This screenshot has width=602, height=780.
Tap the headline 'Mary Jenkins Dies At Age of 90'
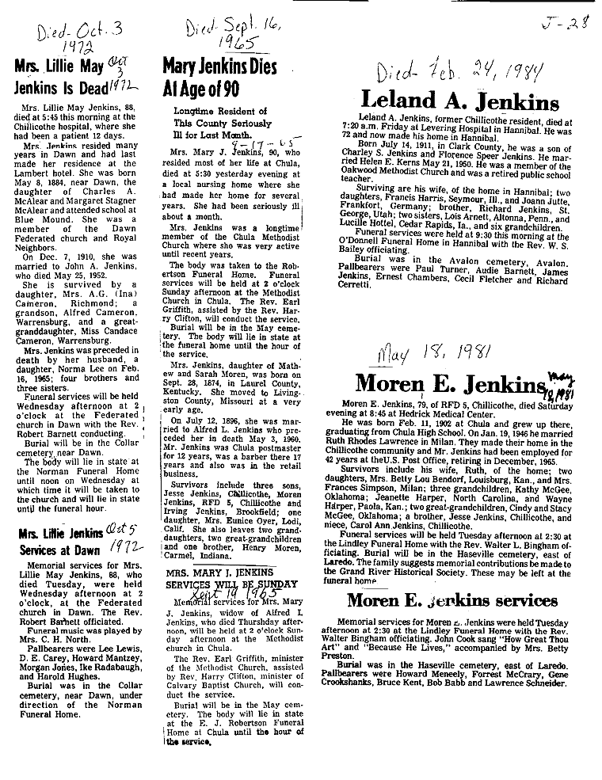(x=219, y=77)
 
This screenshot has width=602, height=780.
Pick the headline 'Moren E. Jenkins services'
(x=452, y=599)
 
